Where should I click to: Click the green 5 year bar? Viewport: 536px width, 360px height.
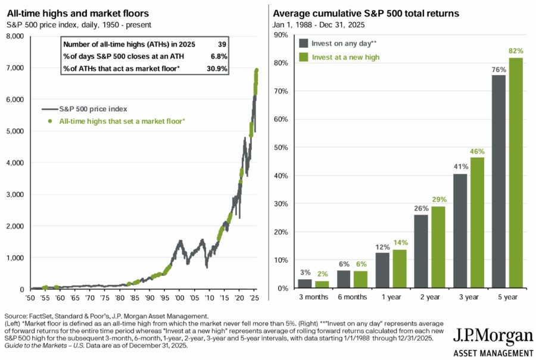pos(516,173)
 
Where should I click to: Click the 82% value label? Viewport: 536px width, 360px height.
pos(516,52)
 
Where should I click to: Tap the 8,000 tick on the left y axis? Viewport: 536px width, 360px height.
pos(14,36)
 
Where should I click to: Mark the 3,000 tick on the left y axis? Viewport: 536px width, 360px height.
pos(14,195)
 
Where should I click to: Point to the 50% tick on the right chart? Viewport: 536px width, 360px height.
pos(280,148)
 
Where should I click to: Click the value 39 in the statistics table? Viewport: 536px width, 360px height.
pos(223,45)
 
